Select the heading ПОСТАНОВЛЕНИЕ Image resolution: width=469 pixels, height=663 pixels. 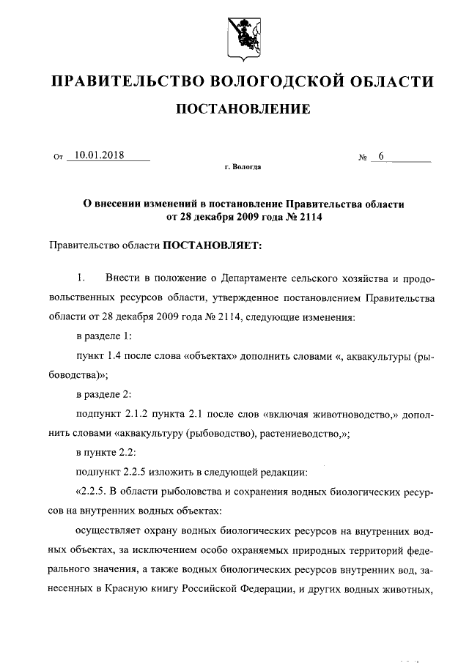[x=243, y=111]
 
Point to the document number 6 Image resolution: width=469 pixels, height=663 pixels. [x=382, y=155]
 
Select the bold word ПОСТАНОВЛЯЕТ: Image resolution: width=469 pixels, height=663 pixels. [x=212, y=245]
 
